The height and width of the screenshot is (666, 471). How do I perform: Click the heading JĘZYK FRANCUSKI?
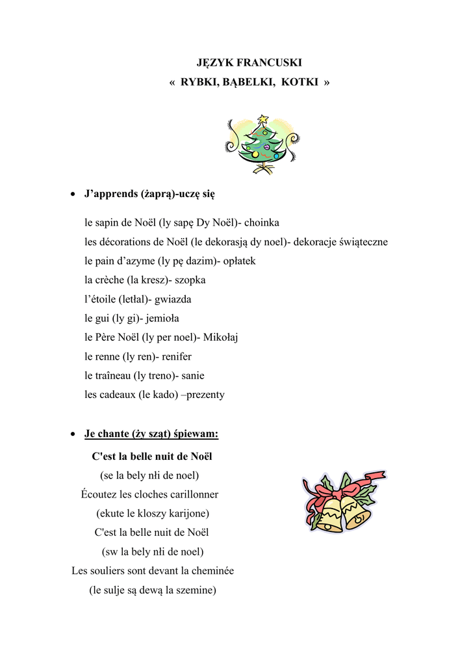[x=249, y=62]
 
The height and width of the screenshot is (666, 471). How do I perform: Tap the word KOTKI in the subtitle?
[x=300, y=82]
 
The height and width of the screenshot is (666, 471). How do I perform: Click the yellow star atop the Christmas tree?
[x=262, y=120]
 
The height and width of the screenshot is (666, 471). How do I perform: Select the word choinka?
[x=262, y=222]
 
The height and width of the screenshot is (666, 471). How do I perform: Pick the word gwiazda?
[x=173, y=299]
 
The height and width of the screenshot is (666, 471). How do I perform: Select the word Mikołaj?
[x=221, y=337]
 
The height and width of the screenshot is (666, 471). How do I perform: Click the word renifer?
[x=177, y=356]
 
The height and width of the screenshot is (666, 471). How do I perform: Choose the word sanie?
[x=193, y=375]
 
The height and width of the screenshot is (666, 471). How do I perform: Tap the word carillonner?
[x=188, y=494]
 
